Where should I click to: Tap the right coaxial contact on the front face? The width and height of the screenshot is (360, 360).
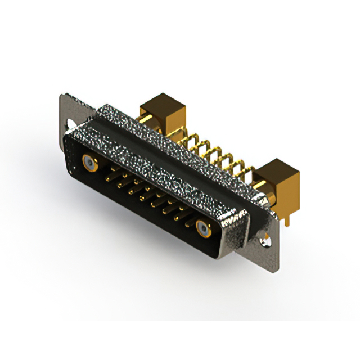click(203, 228)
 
